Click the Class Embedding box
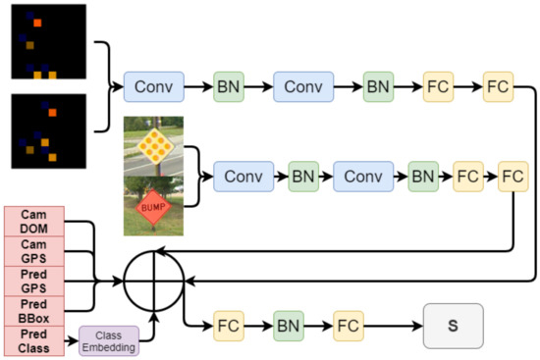click(110, 340)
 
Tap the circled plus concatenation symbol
click(154, 281)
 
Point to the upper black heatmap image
click(48, 41)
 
